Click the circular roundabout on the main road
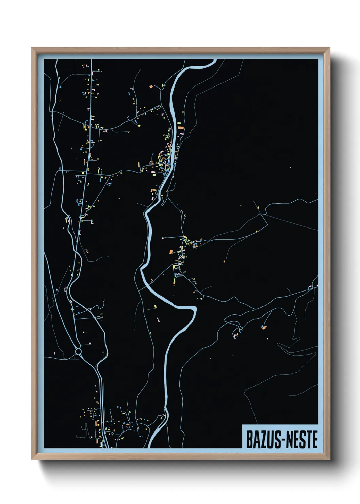[x=78, y=351]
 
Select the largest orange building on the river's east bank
[x=181, y=127]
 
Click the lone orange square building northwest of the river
[x=151, y=87]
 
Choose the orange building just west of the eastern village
[x=171, y=252]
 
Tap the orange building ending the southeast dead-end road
[x=263, y=327]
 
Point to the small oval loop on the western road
[x=67, y=219]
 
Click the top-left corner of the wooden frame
[x=32, y=48]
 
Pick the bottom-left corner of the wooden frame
[x=32, y=459]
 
